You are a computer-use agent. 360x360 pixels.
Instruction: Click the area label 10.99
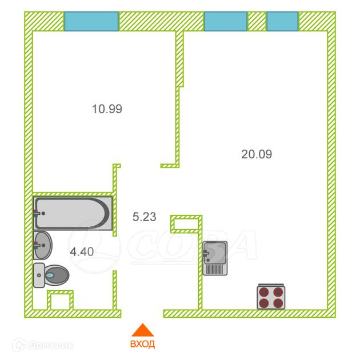pos(107,108)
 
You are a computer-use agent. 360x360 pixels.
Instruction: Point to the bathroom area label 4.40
pos(82,250)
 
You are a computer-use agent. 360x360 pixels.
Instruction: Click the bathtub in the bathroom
pos(73,213)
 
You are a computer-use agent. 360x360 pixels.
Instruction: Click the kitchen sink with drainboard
pos(215,258)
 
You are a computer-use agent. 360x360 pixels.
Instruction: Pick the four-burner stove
pos(270,297)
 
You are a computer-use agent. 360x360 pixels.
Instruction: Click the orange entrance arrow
pos(142,330)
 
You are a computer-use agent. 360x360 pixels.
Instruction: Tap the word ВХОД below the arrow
pos(142,345)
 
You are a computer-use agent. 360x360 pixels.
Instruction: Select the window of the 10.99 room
pos(91,21)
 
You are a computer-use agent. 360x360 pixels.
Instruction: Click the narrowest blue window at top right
pos(282,21)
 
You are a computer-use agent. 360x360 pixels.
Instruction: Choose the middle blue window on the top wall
pos(226,21)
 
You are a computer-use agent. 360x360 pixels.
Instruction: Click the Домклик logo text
pos(41,345)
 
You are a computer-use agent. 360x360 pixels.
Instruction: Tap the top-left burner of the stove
pos(264,291)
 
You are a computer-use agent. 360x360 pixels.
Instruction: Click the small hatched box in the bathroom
pos(60,301)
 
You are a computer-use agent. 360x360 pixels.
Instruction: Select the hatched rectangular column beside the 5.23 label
pos(186,223)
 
